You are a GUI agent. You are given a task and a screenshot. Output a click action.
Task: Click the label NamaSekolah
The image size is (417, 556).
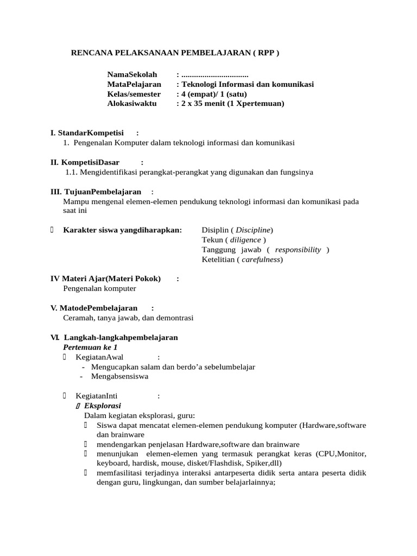132,74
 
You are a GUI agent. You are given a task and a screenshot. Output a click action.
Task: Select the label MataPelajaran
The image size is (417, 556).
134,84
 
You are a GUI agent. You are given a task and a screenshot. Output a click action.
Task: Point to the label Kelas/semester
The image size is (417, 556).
134,94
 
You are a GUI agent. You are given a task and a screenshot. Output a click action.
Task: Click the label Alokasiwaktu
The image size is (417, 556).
132,104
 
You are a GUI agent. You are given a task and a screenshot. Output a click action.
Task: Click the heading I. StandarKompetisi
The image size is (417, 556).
87,133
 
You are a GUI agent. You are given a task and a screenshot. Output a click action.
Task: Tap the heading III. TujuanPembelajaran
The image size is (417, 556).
96,192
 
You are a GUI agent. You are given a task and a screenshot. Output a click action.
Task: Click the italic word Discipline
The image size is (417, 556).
254,230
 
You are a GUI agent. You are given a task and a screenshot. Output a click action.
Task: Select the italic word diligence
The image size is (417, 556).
245,240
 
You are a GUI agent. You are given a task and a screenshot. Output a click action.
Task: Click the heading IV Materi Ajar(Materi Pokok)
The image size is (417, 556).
105,279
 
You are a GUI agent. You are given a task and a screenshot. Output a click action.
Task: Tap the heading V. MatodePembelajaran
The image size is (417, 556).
93,308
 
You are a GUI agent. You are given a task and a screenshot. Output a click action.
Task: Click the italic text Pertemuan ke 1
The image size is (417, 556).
90,347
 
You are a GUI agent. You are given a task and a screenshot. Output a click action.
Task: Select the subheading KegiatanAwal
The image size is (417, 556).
99,357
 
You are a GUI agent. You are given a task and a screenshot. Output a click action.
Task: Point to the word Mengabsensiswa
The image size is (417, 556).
119,376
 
